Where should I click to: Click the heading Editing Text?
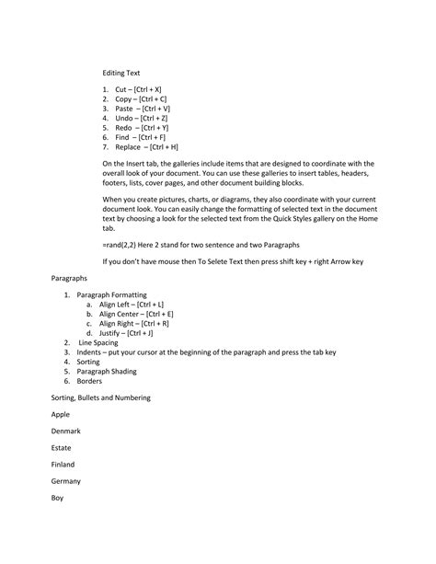click(122, 71)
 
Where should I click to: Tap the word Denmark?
click(66, 431)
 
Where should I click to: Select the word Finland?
click(63, 464)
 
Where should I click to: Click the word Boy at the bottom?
click(58, 498)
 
